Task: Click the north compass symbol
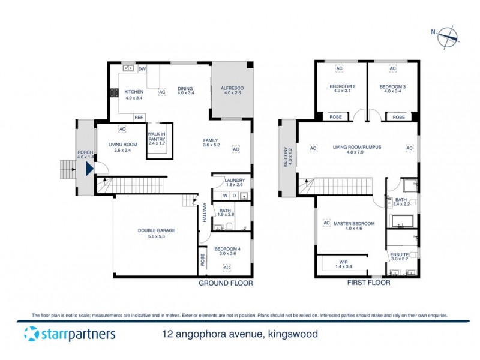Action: [448, 37]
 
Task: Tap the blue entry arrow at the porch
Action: [89, 169]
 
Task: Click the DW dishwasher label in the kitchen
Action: [142, 69]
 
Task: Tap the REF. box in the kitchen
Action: [139, 117]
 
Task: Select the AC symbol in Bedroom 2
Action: [339, 69]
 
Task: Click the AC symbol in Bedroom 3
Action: [393, 69]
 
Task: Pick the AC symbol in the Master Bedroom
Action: [327, 223]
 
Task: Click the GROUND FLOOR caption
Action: [226, 283]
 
